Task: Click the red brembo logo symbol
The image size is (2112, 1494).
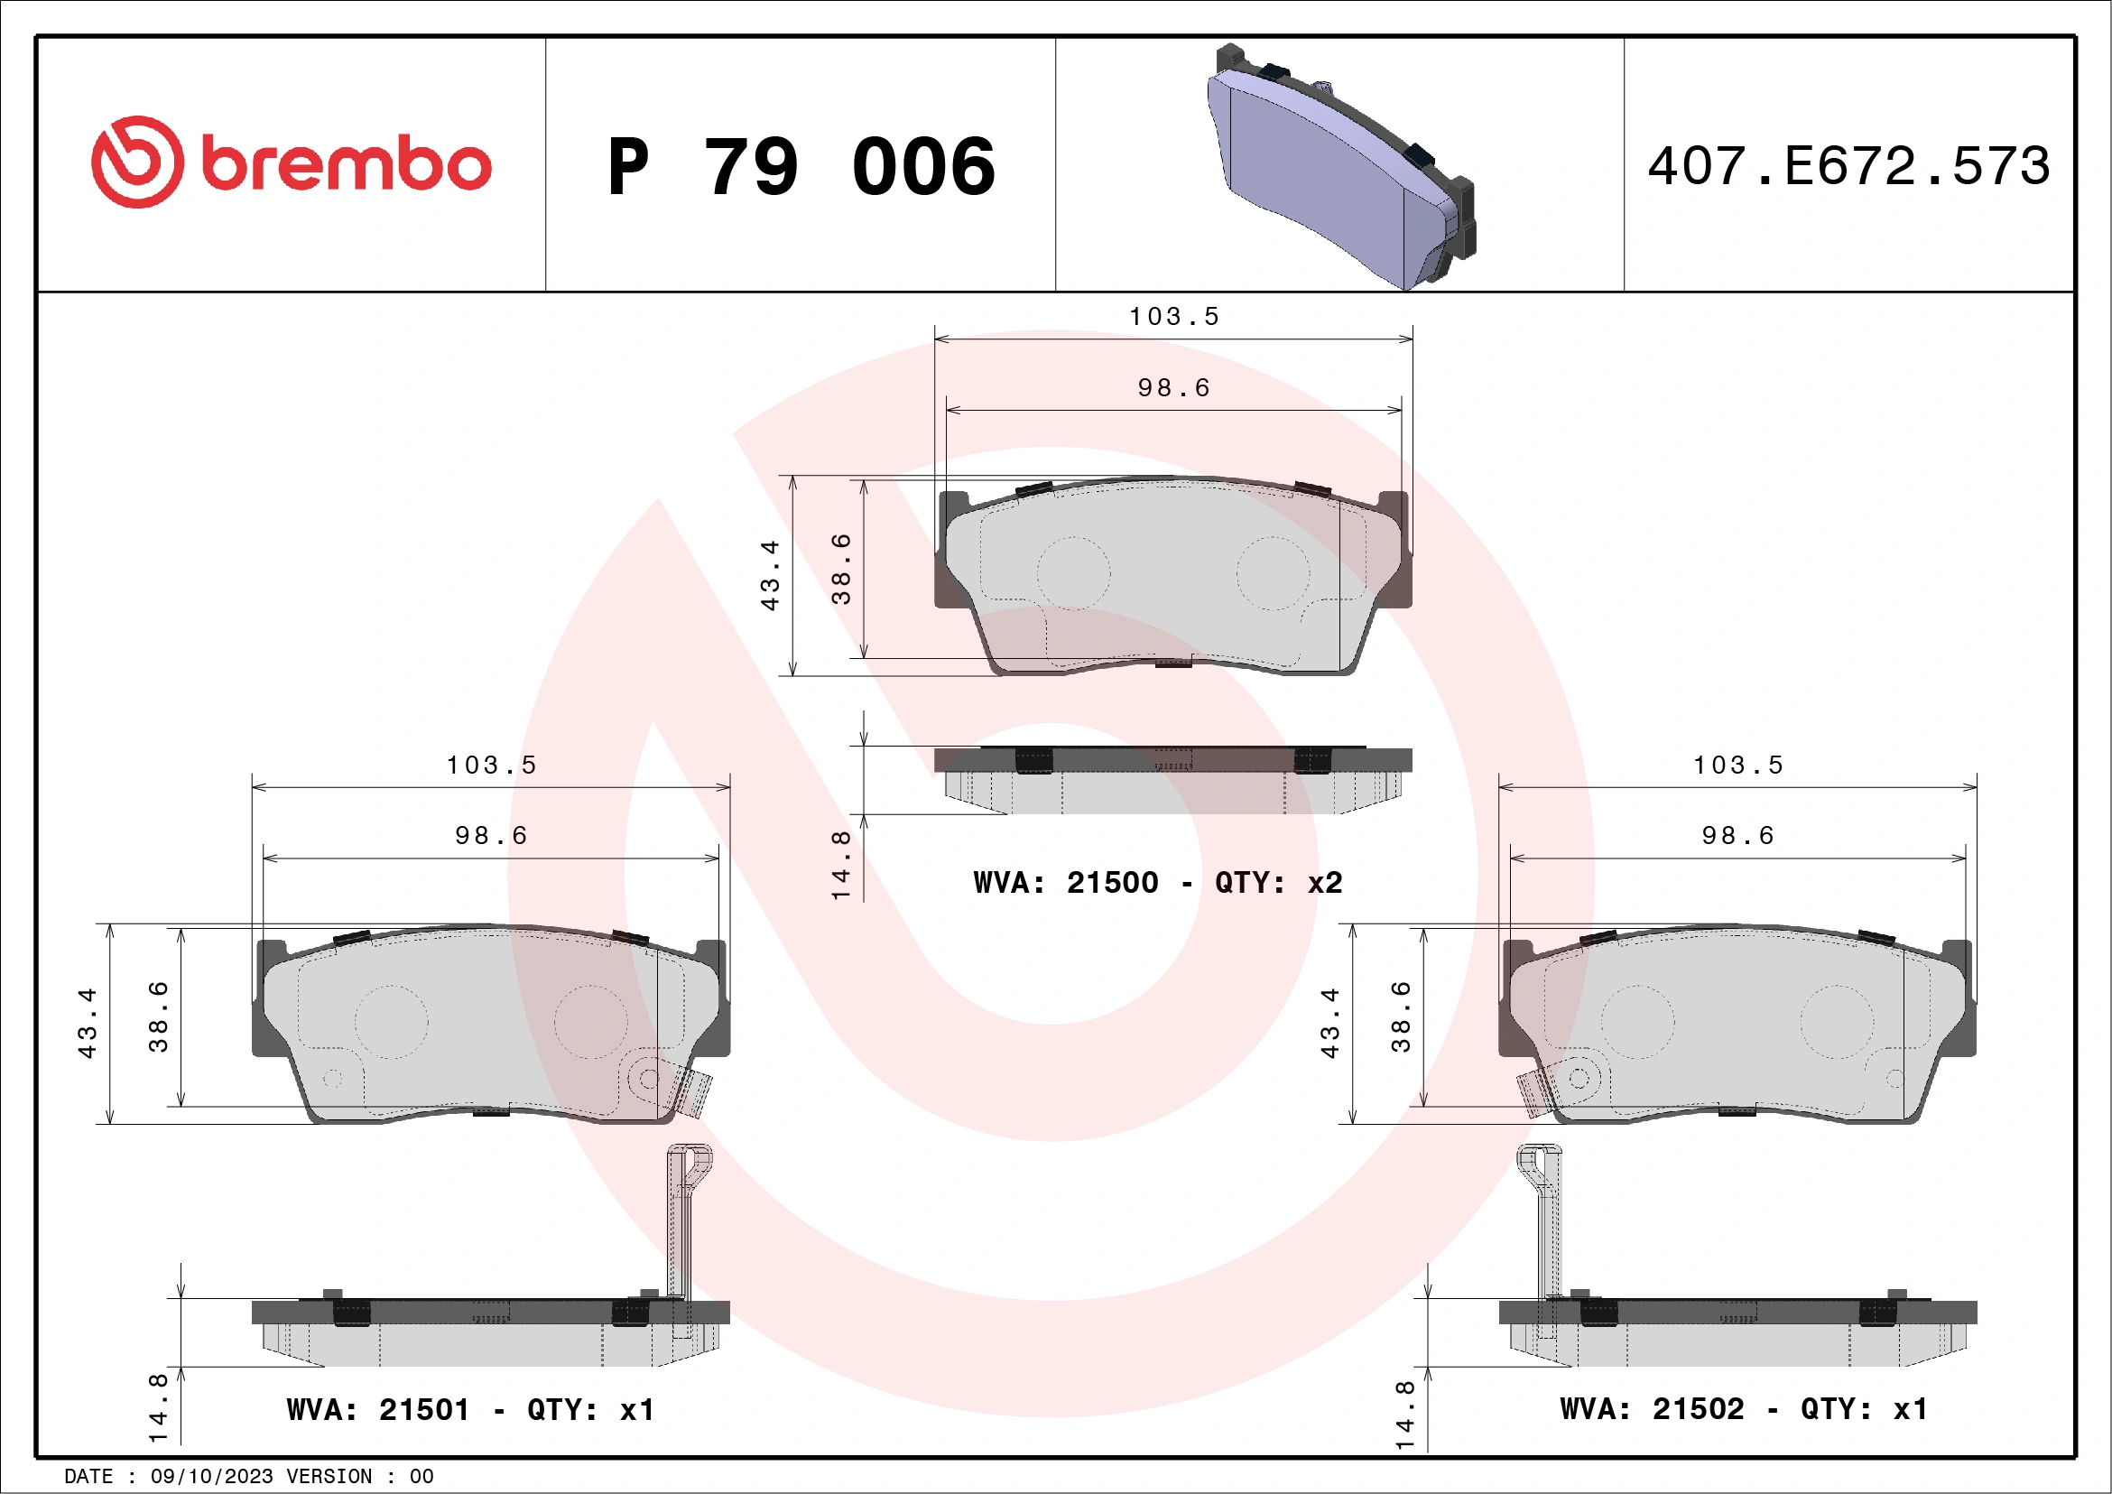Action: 137,162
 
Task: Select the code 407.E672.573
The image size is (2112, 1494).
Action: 1848,166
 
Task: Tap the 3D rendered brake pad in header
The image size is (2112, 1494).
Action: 1340,165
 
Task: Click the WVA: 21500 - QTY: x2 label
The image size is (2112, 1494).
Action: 1157,883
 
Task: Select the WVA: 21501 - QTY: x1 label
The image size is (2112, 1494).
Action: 470,1409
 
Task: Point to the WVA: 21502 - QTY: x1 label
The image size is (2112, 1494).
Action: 1743,1408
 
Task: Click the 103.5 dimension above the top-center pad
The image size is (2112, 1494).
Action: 1173,317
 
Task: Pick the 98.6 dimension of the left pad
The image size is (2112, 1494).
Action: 491,835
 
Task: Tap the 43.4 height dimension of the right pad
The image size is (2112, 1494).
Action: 1329,1023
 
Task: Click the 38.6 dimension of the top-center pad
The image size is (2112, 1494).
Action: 841,569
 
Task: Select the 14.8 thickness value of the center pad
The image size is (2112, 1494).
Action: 841,865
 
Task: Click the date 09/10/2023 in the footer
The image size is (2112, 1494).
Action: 211,1477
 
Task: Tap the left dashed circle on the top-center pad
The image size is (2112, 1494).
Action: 1073,573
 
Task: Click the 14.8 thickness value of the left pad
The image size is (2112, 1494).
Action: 158,1407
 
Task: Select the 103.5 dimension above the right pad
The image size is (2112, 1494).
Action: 1737,766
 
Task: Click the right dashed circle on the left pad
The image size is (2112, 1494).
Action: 590,1022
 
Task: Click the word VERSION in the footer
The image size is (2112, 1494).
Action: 329,1477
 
